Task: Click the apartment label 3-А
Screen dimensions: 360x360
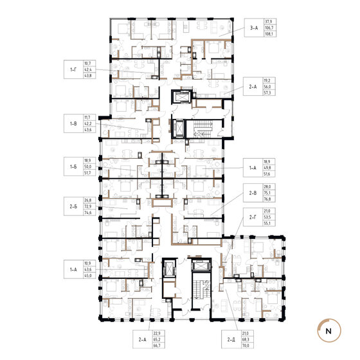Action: click(254, 28)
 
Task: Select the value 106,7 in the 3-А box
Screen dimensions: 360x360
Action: click(269, 28)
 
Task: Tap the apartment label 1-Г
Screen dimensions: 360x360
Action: click(73, 69)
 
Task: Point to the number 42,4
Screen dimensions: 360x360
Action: click(87, 69)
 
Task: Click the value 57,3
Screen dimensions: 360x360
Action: click(267, 93)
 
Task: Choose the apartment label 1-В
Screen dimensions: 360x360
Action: click(73, 123)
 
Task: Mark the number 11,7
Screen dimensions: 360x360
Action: click(87, 117)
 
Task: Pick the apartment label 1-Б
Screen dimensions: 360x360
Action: click(73, 166)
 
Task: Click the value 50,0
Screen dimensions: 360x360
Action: click(87, 166)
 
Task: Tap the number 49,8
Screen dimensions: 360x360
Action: click(267, 168)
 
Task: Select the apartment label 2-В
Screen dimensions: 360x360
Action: click(253, 193)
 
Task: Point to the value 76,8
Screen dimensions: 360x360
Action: click(267, 199)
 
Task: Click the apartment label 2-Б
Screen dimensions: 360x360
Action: click(73, 206)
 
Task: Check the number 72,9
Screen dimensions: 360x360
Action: click(87, 206)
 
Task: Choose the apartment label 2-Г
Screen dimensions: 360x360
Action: click(253, 217)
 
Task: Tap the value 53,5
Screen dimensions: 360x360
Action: click(267, 217)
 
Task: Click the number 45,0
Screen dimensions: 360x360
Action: click(87, 276)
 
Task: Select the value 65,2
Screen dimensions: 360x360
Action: click(157, 339)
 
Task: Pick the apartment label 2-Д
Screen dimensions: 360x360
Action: click(231, 339)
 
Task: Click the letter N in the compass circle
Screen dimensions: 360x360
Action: click(328, 331)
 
